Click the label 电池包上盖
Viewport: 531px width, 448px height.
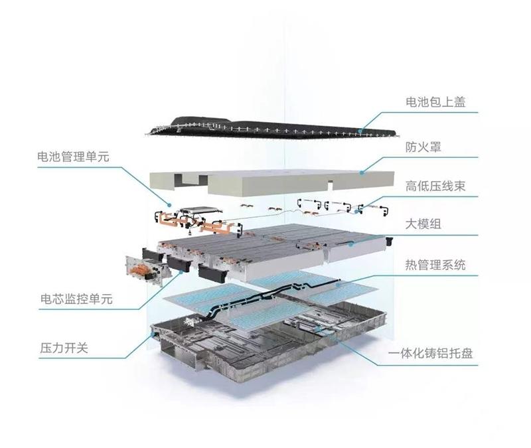coord(435,102)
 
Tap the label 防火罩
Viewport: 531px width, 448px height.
coord(423,147)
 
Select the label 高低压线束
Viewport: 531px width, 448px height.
coord(435,186)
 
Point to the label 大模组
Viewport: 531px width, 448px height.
coord(423,224)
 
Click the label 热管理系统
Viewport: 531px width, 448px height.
coord(435,264)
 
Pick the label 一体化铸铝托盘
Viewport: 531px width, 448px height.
coord(430,354)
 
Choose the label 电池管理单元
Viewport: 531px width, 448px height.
coord(74,157)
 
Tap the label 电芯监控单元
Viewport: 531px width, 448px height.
coord(76,299)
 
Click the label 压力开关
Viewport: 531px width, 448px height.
coord(64,348)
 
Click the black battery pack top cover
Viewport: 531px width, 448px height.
coord(271,129)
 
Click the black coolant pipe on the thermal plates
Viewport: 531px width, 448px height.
coord(271,295)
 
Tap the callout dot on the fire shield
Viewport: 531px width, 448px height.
coord(362,173)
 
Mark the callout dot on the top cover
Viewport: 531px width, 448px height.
coord(361,131)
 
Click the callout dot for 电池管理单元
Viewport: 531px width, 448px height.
coord(169,204)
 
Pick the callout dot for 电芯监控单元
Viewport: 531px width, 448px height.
coord(181,271)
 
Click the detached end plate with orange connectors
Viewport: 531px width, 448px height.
coord(146,270)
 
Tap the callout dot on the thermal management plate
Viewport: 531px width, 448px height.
coord(337,285)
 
